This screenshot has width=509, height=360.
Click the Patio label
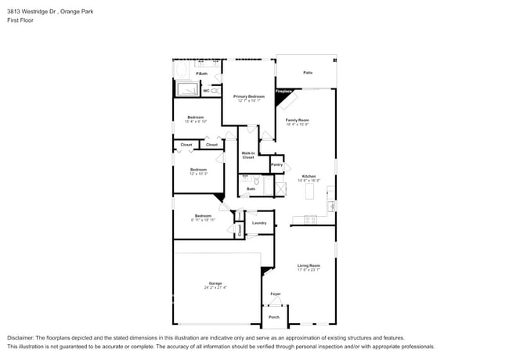(308, 73)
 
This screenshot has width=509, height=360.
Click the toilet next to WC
(215, 91)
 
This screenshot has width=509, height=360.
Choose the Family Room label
(297, 120)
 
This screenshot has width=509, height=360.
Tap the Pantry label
(276, 164)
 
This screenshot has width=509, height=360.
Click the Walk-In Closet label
(247, 155)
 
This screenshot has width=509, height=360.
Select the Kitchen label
(309, 176)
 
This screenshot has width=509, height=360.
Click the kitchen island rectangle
(308, 190)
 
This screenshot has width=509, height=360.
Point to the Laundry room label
(259, 223)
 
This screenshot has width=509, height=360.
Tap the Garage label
(215, 283)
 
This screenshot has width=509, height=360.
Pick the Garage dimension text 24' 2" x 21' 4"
(215, 287)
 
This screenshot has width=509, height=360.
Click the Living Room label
(309, 265)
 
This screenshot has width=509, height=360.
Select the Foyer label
(276, 293)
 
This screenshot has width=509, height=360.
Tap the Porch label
(274, 317)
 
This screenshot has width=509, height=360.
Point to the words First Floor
(20, 20)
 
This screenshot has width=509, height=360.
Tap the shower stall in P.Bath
(188, 89)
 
